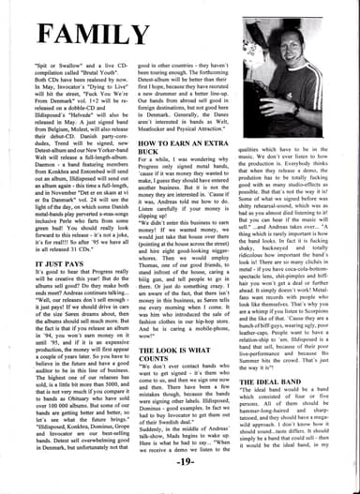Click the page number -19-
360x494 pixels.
point(180,486)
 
